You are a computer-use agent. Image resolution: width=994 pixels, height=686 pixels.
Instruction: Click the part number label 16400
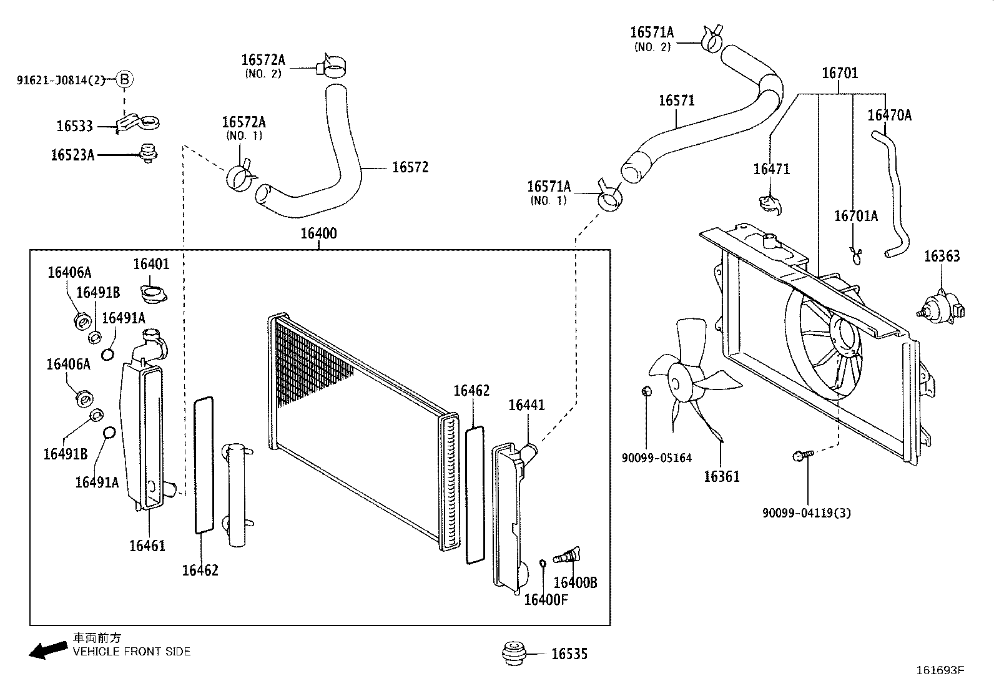pos(318,233)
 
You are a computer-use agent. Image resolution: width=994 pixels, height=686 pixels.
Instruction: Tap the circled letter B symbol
pos(124,79)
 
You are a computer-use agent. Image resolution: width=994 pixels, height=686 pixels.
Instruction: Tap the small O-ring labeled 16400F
pos(543,564)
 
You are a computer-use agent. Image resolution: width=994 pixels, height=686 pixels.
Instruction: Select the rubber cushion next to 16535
pos(516,653)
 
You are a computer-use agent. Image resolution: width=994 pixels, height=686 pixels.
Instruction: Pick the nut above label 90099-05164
pos(647,391)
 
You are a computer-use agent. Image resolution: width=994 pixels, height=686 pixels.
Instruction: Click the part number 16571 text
pos(677,100)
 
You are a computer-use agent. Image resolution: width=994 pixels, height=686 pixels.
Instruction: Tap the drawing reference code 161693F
pos(940,670)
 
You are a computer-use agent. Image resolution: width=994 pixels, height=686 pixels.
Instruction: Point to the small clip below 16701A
pos(856,254)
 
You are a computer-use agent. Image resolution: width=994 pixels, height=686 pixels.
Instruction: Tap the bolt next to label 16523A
pos(149,153)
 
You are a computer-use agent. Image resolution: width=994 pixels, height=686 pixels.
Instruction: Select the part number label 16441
pos(526,405)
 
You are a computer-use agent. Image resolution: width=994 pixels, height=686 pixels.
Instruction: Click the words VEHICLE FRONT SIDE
pos(132,652)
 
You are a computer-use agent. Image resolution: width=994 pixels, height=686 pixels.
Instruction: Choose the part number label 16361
pos(721,477)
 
